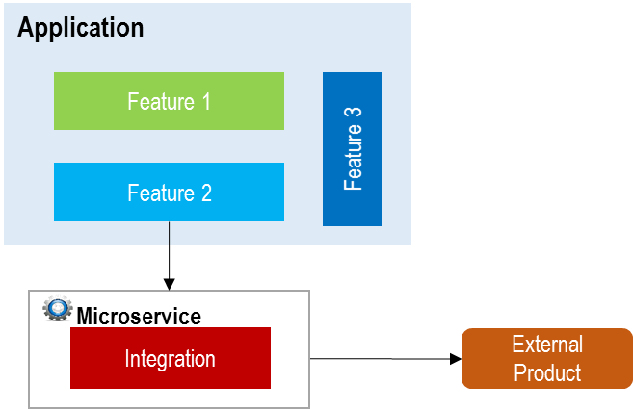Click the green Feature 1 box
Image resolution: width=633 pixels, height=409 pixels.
169,101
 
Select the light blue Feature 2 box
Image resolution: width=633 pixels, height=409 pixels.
169,192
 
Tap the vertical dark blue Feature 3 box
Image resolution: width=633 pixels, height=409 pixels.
353,149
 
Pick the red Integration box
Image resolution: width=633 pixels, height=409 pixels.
170,359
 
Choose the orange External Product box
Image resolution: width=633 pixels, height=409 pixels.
547,358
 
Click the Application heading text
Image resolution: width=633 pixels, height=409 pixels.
81,28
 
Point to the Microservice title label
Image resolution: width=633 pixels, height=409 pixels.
139,315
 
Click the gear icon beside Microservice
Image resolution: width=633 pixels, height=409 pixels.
58,310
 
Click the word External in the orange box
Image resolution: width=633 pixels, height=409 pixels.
547,345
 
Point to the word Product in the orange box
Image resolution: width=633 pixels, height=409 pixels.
547,372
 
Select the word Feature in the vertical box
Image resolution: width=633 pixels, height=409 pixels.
353,159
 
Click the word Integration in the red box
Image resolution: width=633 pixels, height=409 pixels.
170,359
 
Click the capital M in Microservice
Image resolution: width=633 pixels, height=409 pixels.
85,315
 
